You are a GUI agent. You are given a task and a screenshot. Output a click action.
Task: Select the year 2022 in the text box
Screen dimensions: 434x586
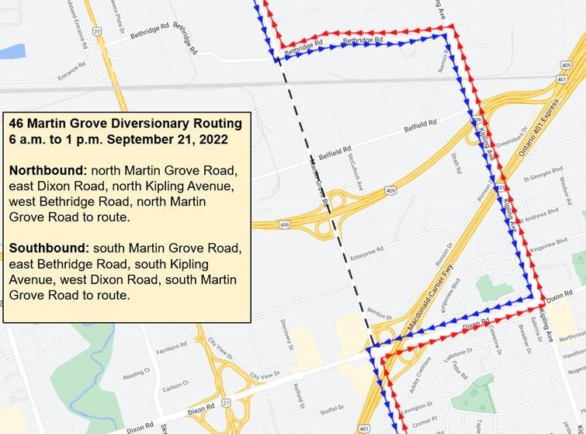213,139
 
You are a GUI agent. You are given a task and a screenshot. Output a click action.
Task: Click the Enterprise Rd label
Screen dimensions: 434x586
367,252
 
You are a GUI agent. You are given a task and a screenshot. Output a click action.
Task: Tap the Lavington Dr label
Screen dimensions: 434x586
418,407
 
